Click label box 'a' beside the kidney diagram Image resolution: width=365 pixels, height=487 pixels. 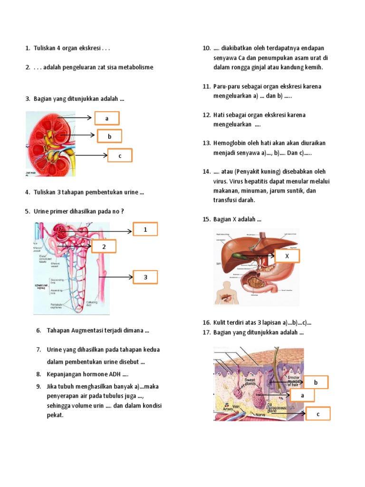tap(107, 118)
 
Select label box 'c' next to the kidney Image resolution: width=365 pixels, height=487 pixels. tap(120, 156)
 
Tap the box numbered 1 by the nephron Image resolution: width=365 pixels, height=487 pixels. tap(145, 230)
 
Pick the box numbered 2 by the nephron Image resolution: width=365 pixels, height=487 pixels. tap(104, 246)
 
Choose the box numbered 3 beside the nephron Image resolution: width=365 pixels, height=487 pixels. tap(145, 276)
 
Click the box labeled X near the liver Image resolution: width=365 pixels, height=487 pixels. tap(287, 256)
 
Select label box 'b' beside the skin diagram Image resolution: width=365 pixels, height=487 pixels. tap(315, 382)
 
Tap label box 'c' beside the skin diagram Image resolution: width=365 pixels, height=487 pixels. tap(317, 414)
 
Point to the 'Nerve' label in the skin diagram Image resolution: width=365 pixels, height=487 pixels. tap(259, 414)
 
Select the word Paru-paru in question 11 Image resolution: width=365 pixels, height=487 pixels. tap(227, 86)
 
